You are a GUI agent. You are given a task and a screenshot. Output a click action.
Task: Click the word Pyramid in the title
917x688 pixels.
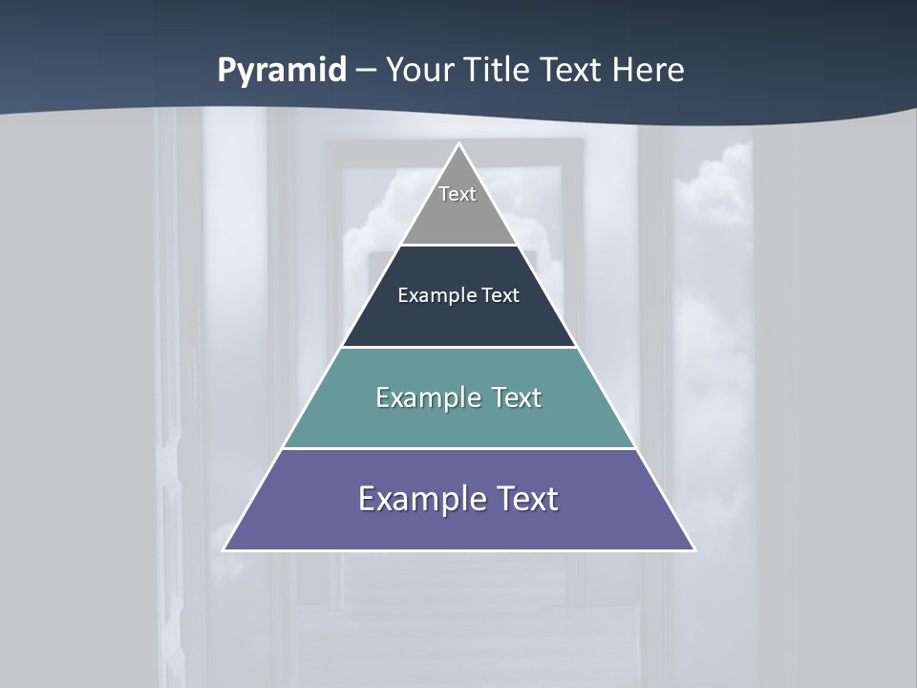[x=282, y=71]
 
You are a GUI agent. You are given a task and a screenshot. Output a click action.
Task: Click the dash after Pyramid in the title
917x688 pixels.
[x=366, y=71]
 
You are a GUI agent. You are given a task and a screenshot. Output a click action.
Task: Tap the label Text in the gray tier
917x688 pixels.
[x=458, y=194]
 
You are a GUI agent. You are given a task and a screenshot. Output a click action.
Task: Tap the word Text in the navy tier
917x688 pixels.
[x=501, y=295]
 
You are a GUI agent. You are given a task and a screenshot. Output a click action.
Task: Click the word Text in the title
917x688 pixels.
[x=571, y=71]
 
